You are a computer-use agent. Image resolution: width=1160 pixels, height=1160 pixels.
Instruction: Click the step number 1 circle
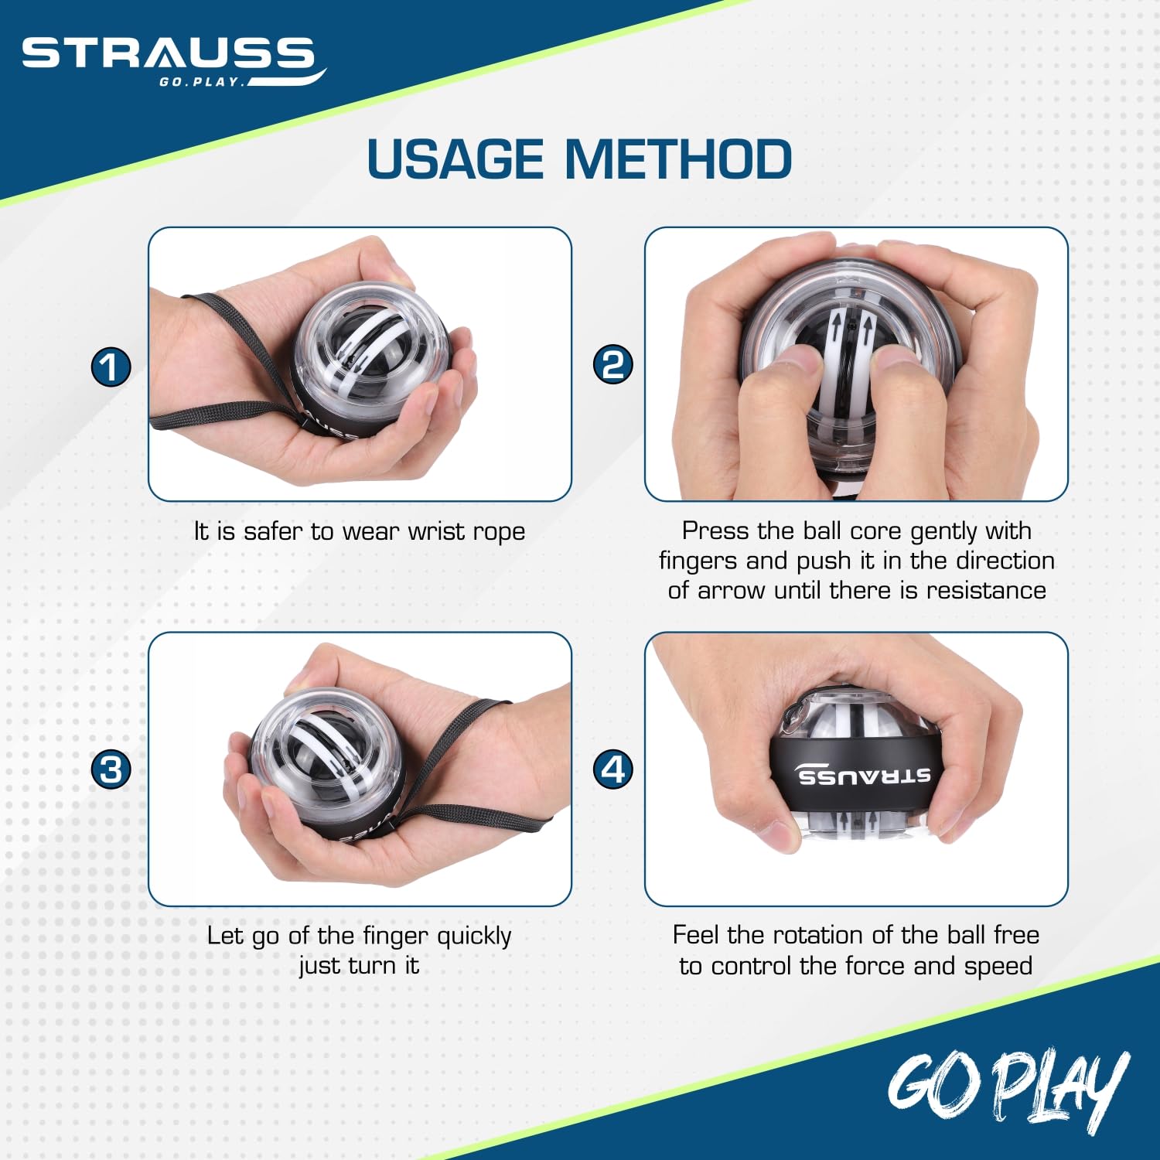coord(111,367)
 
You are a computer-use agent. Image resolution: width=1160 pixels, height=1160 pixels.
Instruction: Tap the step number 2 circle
coord(612,365)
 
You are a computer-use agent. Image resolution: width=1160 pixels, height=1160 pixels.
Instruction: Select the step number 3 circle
coord(111,770)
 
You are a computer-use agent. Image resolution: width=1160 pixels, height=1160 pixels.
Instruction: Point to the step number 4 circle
coord(612,769)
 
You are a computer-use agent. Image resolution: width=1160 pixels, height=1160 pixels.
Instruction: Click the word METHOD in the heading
coord(678,159)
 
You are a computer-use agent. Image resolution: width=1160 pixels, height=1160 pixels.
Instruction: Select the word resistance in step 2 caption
coord(986,591)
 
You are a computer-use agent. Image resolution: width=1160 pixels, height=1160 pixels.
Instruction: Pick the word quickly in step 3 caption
coord(474,937)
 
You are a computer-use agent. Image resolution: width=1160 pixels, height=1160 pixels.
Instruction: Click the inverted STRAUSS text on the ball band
coord(864,776)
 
